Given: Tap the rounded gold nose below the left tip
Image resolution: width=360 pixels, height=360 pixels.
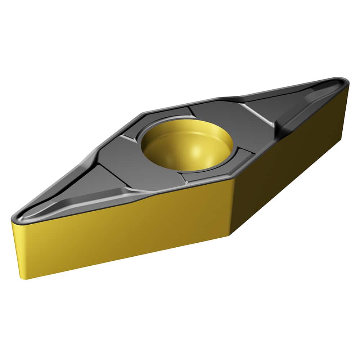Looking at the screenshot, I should click(18, 248).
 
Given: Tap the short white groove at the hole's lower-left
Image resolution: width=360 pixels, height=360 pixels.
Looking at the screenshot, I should click(182, 178).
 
